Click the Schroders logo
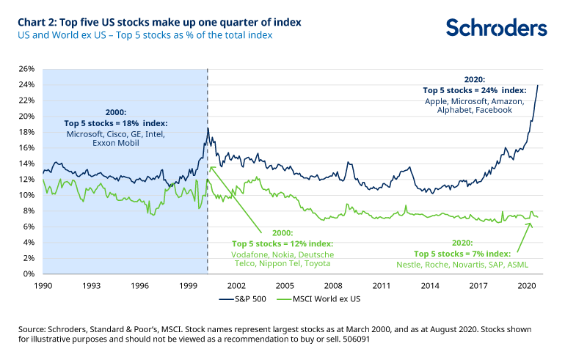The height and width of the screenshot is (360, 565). [x=496, y=28]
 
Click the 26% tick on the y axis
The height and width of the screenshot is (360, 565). [x=27, y=69]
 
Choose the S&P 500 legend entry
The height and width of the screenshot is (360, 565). [x=236, y=299]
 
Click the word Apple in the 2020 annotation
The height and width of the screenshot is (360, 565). [x=438, y=100]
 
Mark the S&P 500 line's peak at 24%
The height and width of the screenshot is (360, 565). [x=538, y=85]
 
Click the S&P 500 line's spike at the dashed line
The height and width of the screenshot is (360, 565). [x=208, y=129]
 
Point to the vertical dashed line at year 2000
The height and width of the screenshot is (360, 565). [x=208, y=205]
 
